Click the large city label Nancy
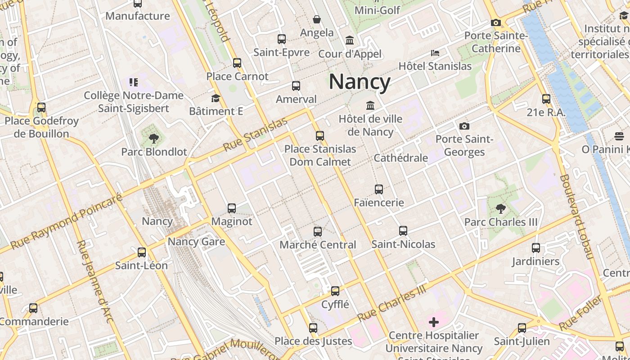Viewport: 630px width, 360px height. [360, 82]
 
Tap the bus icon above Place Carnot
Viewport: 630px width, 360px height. [237, 63]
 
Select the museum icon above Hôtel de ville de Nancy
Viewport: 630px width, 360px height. [370, 105]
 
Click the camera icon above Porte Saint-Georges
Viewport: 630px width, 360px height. [464, 126]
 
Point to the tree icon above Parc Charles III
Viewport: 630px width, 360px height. [500, 208]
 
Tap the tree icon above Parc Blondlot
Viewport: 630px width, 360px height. [154, 138]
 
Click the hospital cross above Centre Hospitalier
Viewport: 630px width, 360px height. [434, 322]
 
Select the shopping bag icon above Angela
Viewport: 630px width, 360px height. [317, 19]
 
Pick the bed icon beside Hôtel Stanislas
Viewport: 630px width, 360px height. [435, 53]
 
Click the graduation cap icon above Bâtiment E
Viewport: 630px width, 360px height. [216, 98]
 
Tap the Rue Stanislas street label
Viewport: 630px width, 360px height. [255, 135]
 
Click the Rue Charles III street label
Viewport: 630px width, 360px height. [391, 303]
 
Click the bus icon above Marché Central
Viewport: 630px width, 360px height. [318, 232]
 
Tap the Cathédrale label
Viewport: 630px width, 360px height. [400, 158]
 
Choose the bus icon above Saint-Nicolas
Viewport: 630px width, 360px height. [403, 231]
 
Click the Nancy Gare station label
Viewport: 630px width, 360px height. [196, 242]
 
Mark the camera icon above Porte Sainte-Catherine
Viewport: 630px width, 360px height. [496, 22]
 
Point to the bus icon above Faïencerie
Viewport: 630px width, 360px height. [379, 189]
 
